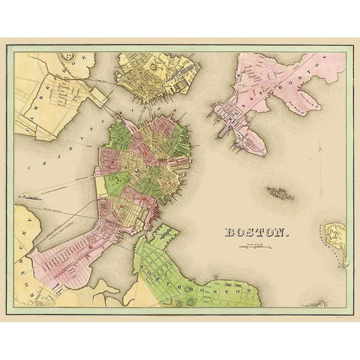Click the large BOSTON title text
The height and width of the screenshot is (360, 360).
tap(256, 232)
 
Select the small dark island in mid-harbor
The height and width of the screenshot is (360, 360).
tap(279, 194)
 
